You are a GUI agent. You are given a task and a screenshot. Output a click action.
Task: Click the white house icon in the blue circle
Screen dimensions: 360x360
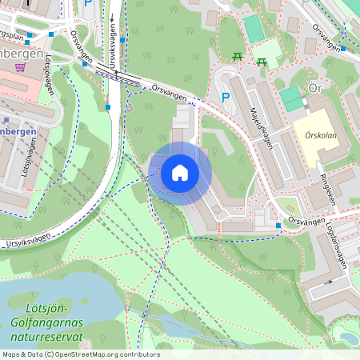click(180, 172)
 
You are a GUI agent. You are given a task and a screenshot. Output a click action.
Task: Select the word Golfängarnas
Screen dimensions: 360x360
click(50, 323)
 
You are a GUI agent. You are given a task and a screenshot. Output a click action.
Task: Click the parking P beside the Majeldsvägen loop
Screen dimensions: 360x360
click(226, 97)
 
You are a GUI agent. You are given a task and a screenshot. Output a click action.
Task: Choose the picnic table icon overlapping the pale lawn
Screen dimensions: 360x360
click(261, 61)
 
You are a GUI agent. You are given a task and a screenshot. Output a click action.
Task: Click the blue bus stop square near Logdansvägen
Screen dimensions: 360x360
click(278, 226)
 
